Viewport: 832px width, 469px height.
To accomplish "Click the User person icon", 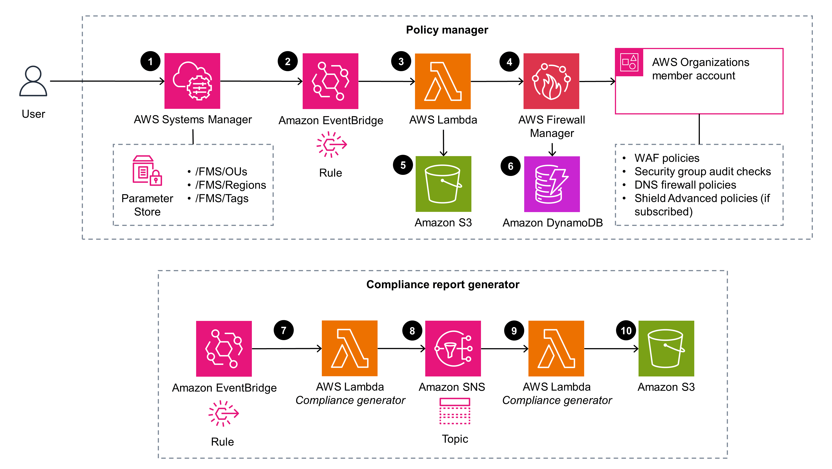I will pyautogui.click(x=33, y=81).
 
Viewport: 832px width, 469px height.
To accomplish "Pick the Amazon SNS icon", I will pyautogui.click(x=453, y=348).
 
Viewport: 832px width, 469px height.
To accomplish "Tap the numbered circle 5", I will pyautogui.click(x=403, y=165).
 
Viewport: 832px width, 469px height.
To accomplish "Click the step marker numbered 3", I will pyautogui.click(x=401, y=61).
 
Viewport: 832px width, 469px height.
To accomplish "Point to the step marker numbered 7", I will pyautogui.click(x=283, y=330).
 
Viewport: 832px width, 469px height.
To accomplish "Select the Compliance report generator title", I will pyautogui.click(x=442, y=284).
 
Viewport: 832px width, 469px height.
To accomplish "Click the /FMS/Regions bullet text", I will pyautogui.click(x=230, y=185).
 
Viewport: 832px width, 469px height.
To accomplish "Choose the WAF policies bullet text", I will pyautogui.click(x=667, y=158).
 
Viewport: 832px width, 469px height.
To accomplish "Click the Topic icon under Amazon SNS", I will pyautogui.click(x=455, y=411).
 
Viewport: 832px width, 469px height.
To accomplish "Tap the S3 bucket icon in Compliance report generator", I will pyautogui.click(x=666, y=348).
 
